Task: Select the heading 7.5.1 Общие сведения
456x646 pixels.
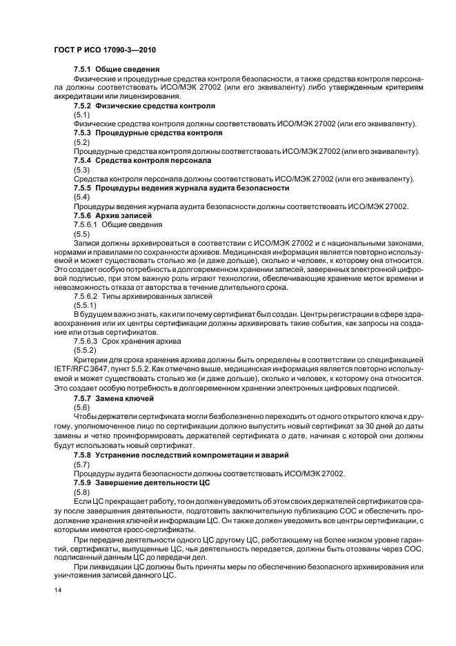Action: click(117, 70)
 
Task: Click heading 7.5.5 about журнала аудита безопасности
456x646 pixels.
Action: click(181, 188)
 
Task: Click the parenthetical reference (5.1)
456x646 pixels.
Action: click(82, 115)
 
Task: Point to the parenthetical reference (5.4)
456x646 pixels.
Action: click(82, 197)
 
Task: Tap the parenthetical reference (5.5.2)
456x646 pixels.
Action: click(85, 350)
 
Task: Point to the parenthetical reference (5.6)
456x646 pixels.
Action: click(82, 408)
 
